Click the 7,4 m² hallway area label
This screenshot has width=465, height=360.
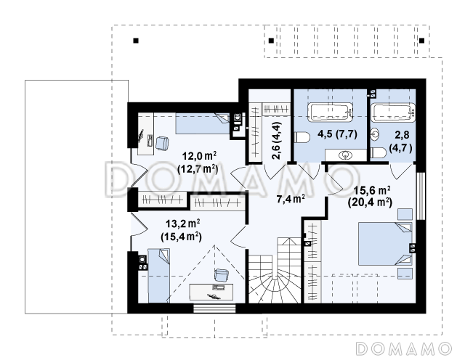click(291, 199)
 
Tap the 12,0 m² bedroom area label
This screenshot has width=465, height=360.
click(198, 162)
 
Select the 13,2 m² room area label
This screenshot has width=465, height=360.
click(181, 230)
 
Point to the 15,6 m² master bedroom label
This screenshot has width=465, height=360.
click(370, 196)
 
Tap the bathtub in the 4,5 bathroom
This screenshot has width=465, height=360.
click(330, 112)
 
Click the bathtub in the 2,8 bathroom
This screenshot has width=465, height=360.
click(394, 112)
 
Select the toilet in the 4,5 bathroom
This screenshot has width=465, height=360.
click(302, 137)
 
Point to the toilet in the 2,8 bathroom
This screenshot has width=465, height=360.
click(378, 153)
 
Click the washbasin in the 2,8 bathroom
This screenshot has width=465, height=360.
click(375, 134)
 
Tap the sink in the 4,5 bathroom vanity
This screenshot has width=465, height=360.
click(346, 155)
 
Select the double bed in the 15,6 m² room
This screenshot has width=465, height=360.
click(385, 244)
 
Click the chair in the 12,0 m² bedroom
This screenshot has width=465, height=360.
click(162, 143)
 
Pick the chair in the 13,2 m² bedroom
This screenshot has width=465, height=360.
click(221, 275)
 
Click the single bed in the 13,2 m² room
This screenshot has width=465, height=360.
click(159, 276)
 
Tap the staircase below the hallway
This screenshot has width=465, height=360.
click(275, 270)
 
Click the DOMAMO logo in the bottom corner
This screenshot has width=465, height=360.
click(404, 348)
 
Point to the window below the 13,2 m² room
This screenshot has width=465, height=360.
click(214, 308)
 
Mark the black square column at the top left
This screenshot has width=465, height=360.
click(136, 41)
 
